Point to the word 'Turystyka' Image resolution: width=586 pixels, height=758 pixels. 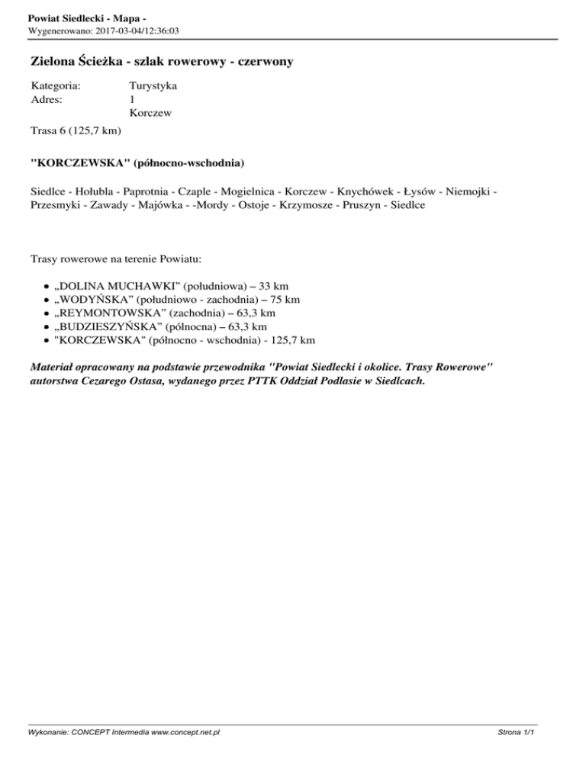[x=153, y=85]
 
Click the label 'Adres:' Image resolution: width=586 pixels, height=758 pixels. [x=47, y=99]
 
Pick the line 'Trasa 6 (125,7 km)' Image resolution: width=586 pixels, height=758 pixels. [x=76, y=131]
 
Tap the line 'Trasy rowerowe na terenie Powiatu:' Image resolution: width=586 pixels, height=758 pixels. [x=116, y=260]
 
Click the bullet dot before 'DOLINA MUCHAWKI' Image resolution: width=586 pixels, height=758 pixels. [x=47, y=286]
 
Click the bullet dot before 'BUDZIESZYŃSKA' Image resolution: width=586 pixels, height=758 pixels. [x=47, y=326]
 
